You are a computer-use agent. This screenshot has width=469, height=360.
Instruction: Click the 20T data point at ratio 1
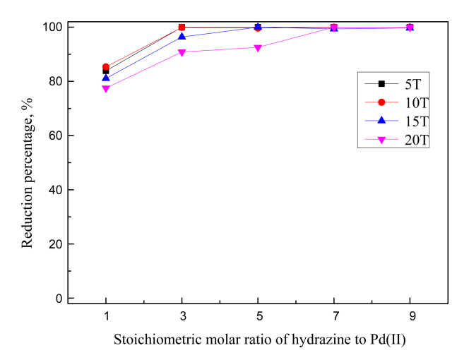106,89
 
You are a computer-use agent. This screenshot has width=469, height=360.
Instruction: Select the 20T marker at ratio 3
182,52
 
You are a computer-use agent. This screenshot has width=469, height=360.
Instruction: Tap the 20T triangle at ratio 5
258,48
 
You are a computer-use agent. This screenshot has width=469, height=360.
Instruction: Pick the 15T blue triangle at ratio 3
182,37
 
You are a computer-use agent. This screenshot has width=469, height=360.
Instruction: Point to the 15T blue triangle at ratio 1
106,78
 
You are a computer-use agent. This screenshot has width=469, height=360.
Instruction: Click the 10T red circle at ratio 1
106,67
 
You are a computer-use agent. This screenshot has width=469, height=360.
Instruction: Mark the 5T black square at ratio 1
106,71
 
